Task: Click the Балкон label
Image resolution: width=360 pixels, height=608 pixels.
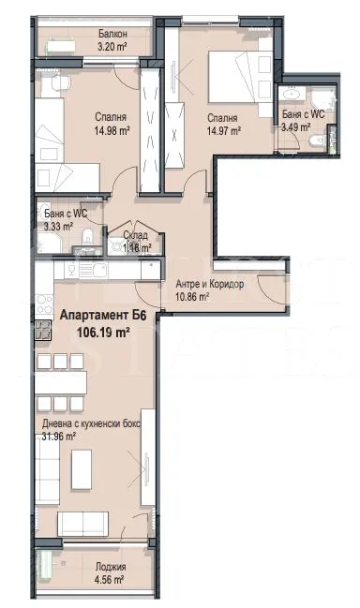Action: point(112,34)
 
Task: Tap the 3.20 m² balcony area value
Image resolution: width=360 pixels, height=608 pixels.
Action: point(112,45)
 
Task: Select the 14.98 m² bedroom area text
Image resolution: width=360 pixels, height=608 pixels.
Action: point(110,131)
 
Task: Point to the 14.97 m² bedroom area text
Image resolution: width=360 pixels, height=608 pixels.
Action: point(222,131)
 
